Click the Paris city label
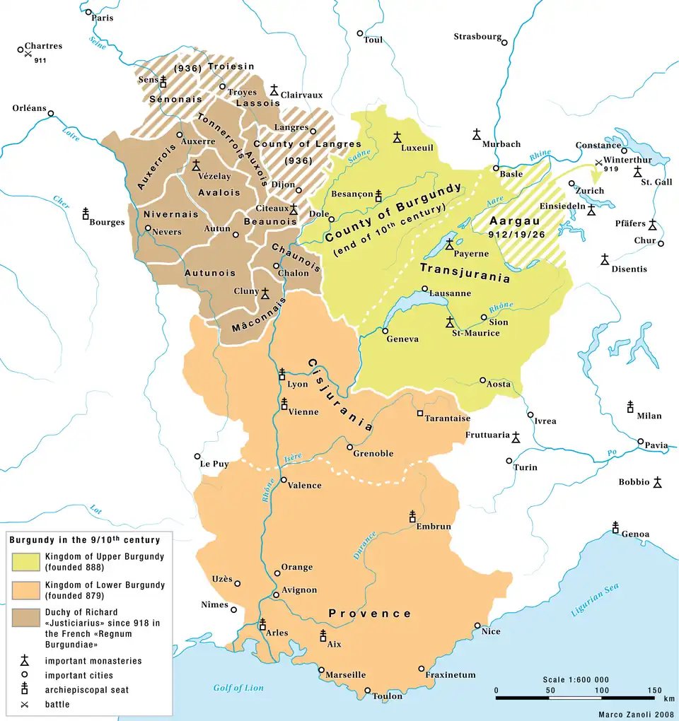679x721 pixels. click(103, 18)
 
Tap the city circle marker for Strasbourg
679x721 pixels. click(504, 42)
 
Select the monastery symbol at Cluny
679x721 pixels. click(265, 293)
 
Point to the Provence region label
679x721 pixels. click(369, 614)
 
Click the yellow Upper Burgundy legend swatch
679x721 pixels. click(25, 561)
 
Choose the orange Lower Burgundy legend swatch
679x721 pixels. click(25, 590)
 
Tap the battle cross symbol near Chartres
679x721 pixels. click(27, 54)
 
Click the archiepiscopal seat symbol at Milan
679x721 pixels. click(629, 406)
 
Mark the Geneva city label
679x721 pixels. click(402, 339)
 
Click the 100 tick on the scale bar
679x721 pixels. click(601, 689)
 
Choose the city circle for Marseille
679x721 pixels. click(321, 670)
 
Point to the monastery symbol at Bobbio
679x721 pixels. click(657, 482)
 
